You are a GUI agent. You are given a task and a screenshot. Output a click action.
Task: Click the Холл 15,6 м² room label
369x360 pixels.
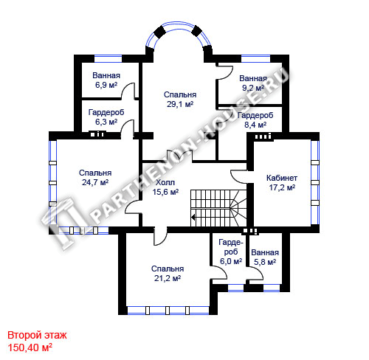165,187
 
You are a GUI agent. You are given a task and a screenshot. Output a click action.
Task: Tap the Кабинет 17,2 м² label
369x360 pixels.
282,182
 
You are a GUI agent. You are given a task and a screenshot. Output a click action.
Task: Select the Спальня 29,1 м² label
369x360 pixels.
180,100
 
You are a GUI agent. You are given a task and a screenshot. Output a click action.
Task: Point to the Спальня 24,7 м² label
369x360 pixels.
95,178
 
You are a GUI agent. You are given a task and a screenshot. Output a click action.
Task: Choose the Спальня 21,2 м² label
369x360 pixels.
168,274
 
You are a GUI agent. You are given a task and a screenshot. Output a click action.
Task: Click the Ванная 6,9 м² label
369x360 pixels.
106,80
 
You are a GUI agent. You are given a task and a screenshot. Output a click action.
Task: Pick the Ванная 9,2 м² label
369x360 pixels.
253,83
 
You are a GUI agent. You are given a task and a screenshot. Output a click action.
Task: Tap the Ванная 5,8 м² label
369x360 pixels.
265,257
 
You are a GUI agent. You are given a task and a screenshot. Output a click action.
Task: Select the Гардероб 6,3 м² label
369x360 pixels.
106,117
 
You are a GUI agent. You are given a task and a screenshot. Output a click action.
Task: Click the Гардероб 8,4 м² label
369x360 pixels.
255,120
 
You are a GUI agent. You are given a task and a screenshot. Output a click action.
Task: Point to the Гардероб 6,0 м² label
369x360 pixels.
231,252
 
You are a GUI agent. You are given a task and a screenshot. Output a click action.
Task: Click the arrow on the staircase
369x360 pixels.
193,217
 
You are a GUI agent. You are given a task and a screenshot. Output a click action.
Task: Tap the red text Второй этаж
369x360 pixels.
37,335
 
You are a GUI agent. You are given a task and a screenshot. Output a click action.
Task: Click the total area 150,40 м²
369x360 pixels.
30,347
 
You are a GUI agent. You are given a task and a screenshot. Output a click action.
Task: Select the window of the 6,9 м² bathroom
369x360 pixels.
108,59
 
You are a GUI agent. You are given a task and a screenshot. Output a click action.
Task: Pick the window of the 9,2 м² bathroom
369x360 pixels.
256,59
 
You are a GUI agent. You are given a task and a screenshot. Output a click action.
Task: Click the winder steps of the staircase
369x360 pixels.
238,207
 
